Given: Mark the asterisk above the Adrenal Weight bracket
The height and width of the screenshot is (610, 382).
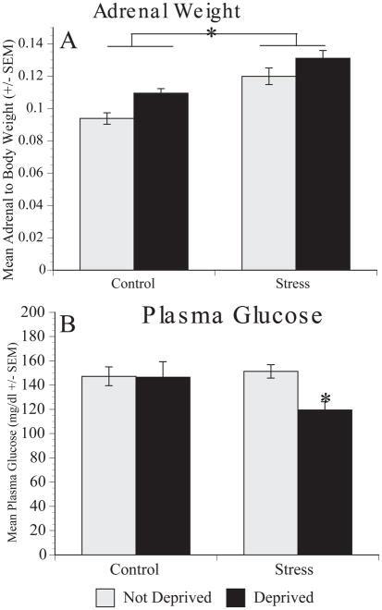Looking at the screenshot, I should pos(212,33).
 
